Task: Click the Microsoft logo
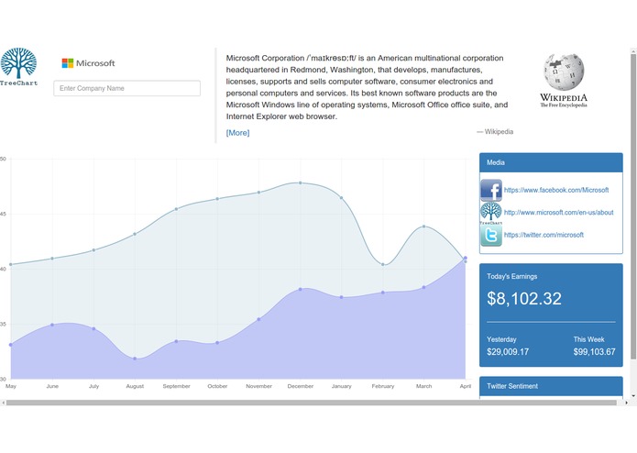coord(88,63)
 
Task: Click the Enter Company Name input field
coord(126,89)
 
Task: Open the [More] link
coord(237,133)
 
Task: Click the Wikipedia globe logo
coord(563,73)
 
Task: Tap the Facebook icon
coord(491,191)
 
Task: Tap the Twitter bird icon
coord(491,236)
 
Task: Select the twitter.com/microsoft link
coord(544,235)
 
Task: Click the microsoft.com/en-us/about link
coord(558,212)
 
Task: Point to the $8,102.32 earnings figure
coord(524,299)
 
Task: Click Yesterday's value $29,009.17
coord(508,352)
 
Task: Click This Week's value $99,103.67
coord(594,352)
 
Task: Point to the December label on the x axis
coord(300,387)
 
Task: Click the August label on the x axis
coord(135,387)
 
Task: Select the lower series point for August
coord(135,359)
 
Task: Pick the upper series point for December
coord(300,182)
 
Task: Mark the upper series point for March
coord(423,226)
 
